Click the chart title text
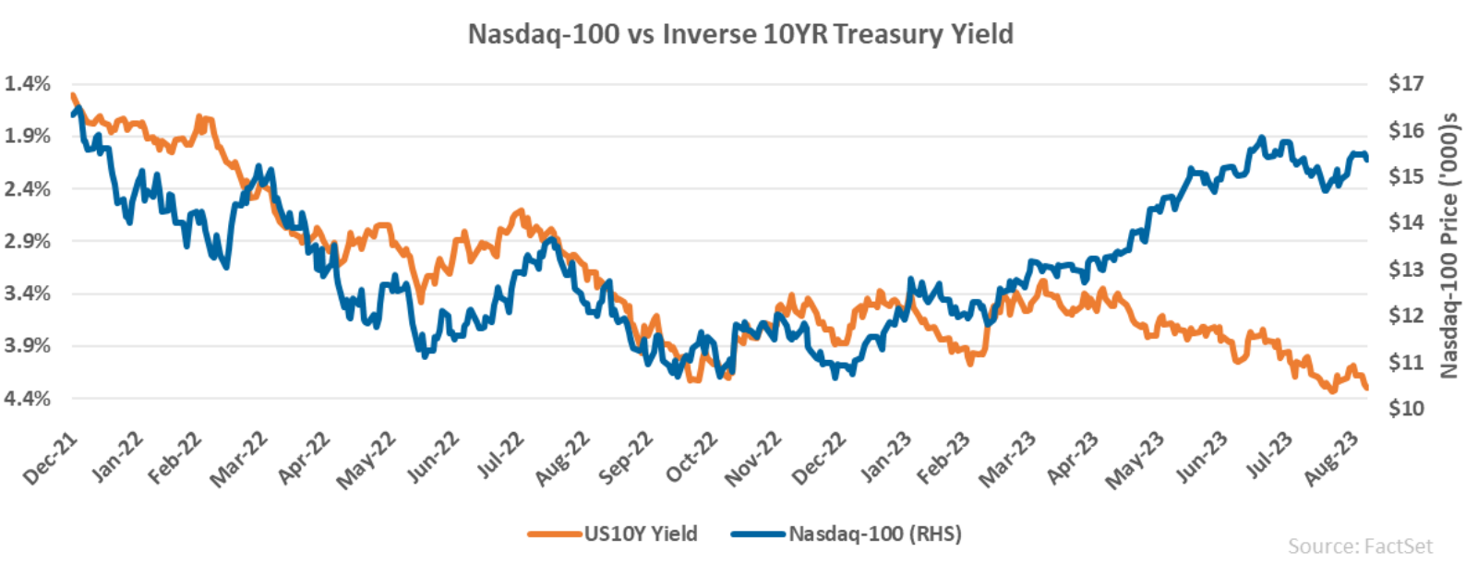(x=740, y=34)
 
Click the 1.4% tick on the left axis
(x=27, y=84)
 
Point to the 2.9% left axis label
(x=27, y=241)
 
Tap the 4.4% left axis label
(x=27, y=399)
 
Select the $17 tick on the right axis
(x=1405, y=84)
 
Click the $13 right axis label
(x=1405, y=270)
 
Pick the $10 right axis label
(x=1405, y=408)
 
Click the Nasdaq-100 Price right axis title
(x=1448, y=245)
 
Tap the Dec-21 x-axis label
(x=50, y=460)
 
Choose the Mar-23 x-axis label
(x=1006, y=460)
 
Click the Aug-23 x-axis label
(x=1330, y=459)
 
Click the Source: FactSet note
(x=1360, y=546)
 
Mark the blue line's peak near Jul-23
(x=1262, y=138)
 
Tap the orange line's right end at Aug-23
(x=1366, y=389)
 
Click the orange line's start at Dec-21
(x=72, y=94)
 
